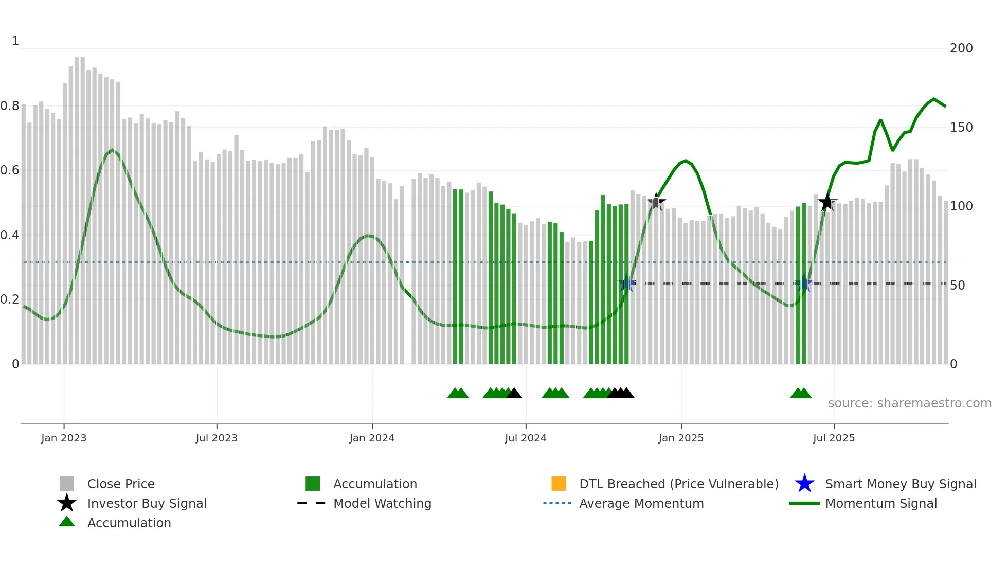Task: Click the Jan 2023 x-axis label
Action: tap(64, 438)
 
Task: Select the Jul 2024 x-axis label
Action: tap(526, 438)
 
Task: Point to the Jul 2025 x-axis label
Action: tap(834, 438)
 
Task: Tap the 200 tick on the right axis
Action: tap(961, 48)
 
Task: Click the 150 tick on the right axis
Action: tap(961, 127)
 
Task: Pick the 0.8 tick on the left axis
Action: tap(10, 106)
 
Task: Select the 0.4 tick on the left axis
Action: tap(10, 235)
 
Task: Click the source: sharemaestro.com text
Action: tap(909, 403)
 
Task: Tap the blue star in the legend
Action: tap(804, 484)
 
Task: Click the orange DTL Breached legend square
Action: tap(559, 484)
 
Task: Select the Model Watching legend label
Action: tap(382, 503)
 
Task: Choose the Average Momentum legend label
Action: tap(641, 503)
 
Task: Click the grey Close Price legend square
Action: tap(67, 484)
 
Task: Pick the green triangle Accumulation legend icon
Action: tap(67, 522)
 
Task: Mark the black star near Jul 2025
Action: tap(827, 203)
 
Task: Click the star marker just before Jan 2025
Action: tap(656, 202)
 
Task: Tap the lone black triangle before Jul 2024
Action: tap(514, 394)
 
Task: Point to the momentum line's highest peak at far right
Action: tap(934, 99)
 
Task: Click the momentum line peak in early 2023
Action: tap(112, 150)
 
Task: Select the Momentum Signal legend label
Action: tap(881, 503)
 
